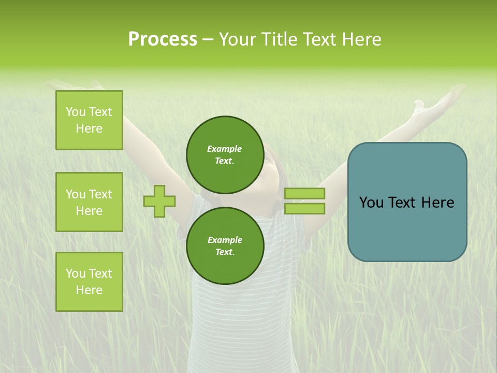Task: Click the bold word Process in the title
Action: click(163, 39)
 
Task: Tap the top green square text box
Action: click(89, 120)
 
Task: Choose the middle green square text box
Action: click(89, 202)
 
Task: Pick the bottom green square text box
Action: click(89, 282)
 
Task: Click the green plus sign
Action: click(159, 202)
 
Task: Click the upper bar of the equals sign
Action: click(304, 194)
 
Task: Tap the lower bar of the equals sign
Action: click(304, 208)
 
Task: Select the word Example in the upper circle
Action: click(225, 149)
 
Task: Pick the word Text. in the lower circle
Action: click(225, 252)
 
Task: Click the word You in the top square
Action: click(76, 112)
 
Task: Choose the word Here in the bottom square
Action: click(89, 290)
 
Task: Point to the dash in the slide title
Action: click(207, 40)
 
